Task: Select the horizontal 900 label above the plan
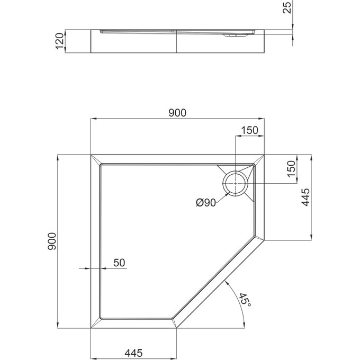click(177, 112)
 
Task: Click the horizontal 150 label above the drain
click(249, 130)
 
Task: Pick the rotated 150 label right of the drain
click(290, 169)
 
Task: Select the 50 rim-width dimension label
click(119, 263)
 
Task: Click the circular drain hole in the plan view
click(234, 183)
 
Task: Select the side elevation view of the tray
click(178, 42)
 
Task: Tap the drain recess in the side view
click(233, 36)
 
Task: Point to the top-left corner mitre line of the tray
click(96, 159)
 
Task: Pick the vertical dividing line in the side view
click(176, 42)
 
